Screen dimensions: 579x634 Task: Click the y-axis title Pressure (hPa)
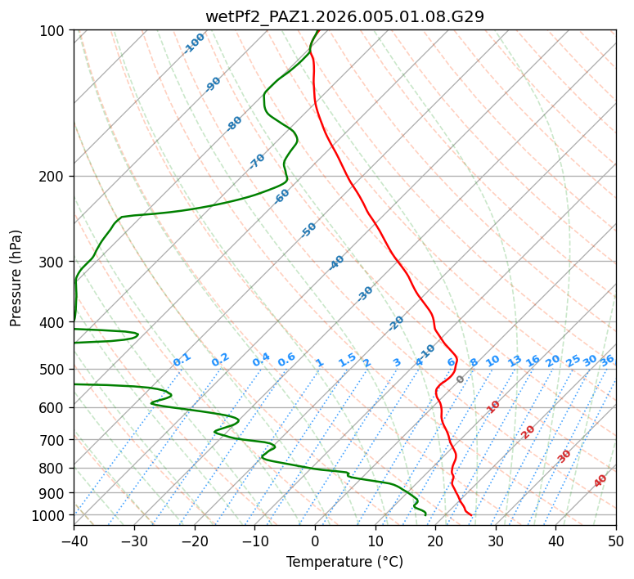pos(16,277)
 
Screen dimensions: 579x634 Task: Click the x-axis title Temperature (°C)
pos(344,562)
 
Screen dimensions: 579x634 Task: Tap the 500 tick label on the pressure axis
pos(52,370)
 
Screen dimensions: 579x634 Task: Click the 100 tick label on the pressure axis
pos(52,30)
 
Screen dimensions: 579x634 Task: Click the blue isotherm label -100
pos(195,43)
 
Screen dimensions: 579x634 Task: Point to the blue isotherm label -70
pos(258,160)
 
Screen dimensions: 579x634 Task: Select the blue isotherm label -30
pos(365,294)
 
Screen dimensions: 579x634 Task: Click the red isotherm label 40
pos(600,481)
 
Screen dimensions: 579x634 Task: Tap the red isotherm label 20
pos(528,431)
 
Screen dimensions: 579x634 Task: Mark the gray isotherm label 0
pos(461,379)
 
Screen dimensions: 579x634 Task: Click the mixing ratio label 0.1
pos(182,360)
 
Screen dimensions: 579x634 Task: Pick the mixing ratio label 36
pos(607,360)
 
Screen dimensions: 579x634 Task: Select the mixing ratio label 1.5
pos(347,360)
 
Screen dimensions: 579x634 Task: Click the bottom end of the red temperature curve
pos(471,514)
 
